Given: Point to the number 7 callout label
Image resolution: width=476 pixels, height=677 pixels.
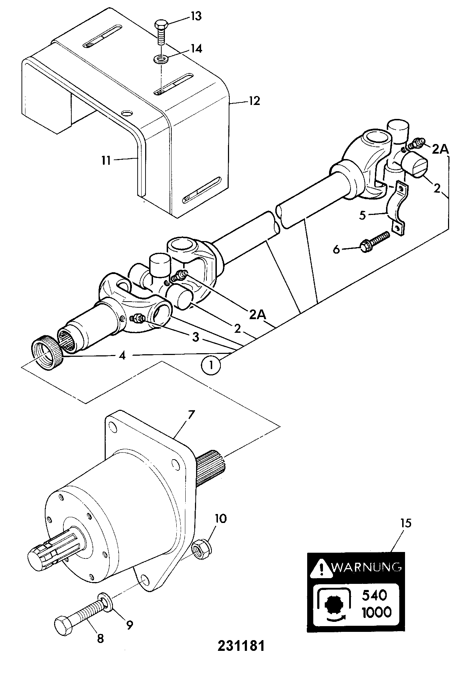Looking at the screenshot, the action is coord(190,415).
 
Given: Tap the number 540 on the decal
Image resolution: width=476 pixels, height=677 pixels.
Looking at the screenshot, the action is coord(375,595).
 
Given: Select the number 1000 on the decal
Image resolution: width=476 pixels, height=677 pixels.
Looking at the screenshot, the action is coord(376,612).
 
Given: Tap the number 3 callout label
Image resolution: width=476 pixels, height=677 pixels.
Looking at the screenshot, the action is coord(195,337).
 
